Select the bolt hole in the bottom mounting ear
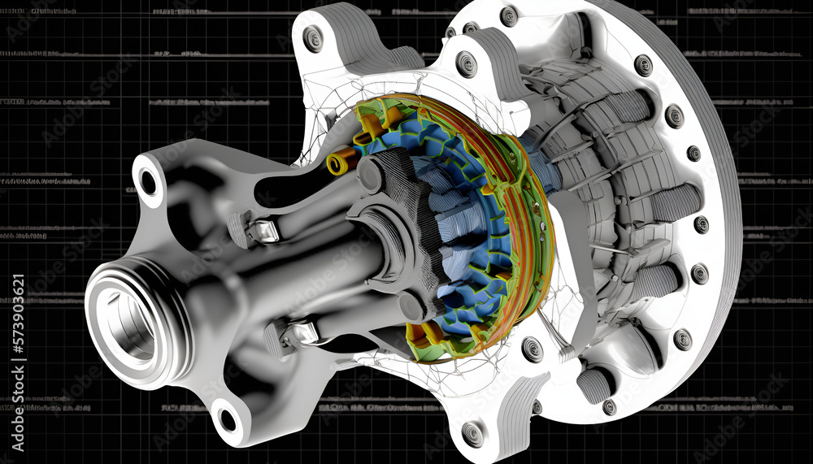point(228,419)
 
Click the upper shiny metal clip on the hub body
point(263,232)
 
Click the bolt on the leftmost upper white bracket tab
point(313,38)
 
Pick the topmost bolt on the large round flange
point(509,15)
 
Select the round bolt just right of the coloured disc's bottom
point(532,349)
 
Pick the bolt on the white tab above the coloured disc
point(467,63)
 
